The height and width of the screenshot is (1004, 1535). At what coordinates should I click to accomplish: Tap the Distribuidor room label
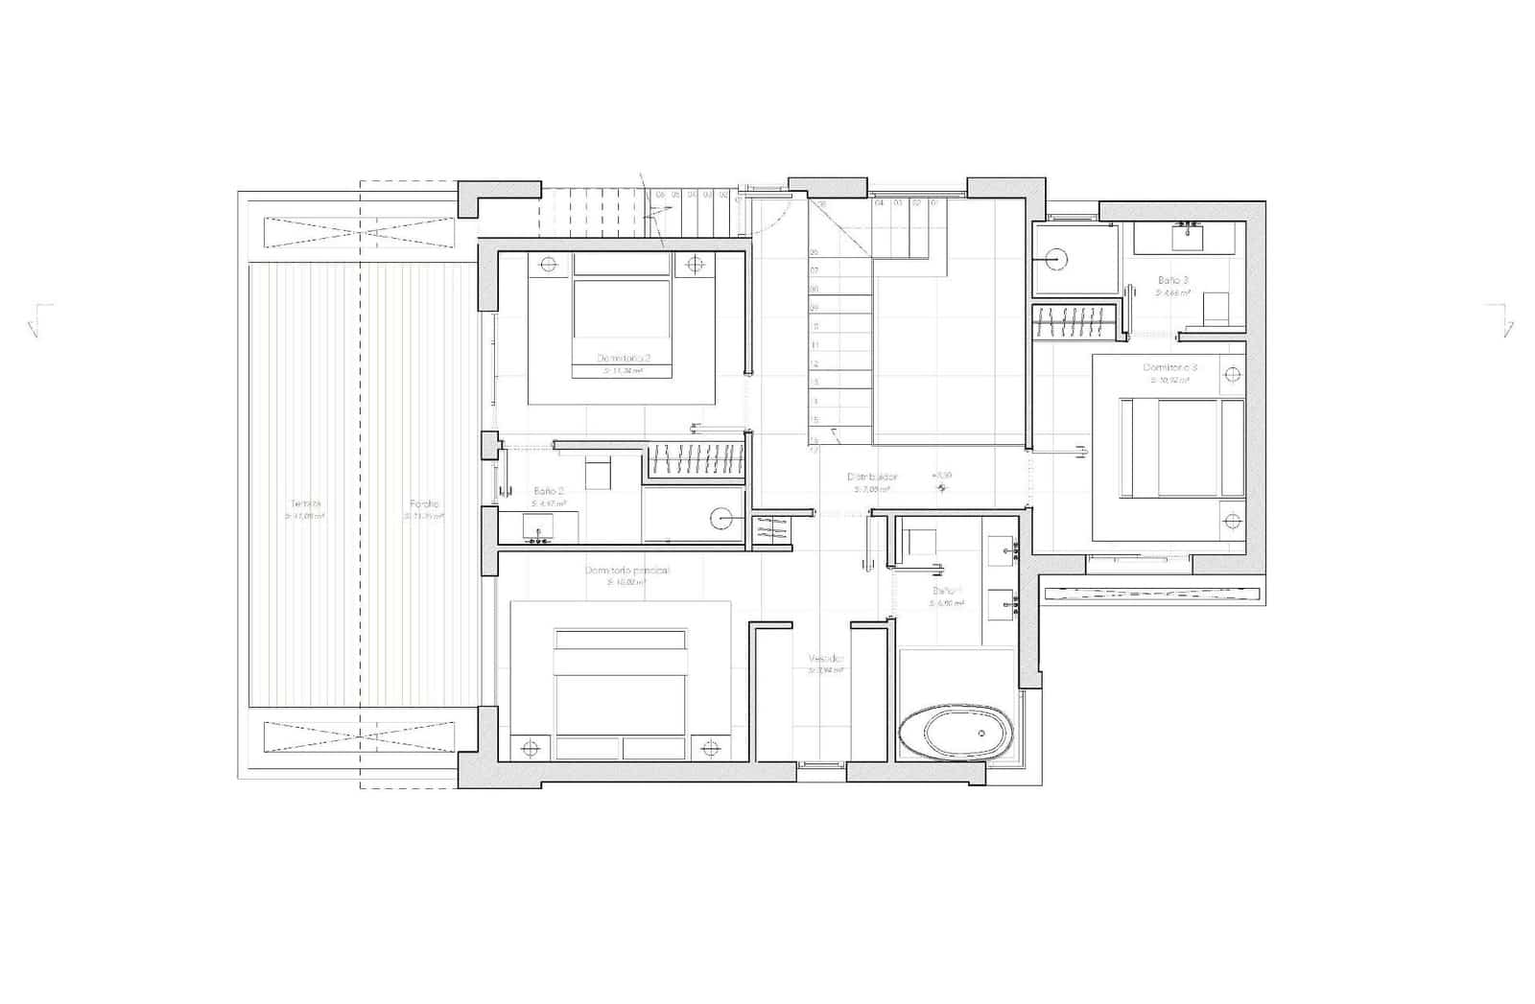coord(872,477)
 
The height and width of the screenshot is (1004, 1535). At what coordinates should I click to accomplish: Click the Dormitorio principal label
coord(627,571)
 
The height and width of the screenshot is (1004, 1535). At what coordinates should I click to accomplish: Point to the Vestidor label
coord(826,660)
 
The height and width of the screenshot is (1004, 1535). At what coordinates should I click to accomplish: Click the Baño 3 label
coord(1172,280)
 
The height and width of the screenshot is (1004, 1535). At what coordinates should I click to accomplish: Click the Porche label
coord(424,503)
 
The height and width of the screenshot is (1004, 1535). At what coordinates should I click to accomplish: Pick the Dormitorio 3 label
coord(1170,367)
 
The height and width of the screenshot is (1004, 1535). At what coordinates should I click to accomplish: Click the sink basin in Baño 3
coord(1190,230)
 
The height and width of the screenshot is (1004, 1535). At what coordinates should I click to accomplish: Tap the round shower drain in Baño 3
coord(1056,258)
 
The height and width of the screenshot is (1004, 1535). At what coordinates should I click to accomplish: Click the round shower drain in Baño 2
coord(721,520)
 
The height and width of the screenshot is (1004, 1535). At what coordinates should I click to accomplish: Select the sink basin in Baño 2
coord(537,527)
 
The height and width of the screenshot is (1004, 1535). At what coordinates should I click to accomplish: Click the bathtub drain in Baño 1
coord(981,734)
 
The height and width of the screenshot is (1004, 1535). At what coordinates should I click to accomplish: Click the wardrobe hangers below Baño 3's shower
coord(1075,321)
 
